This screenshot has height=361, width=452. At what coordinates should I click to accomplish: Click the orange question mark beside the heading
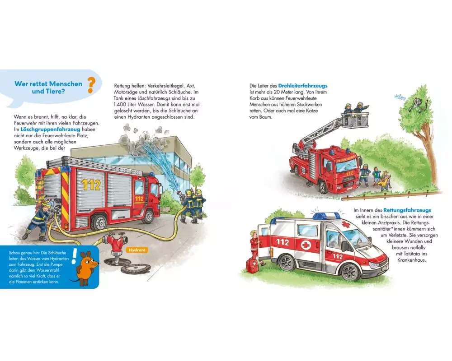point(91,85)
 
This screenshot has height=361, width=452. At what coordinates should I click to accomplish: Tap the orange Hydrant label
point(137,250)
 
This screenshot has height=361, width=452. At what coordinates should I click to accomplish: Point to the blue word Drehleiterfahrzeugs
point(303,86)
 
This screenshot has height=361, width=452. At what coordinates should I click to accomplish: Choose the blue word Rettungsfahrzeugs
point(407,210)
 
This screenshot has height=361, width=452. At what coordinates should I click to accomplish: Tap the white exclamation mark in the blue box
point(74,256)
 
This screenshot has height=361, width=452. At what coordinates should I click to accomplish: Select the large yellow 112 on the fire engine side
point(91,185)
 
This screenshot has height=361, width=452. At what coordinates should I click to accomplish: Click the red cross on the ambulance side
point(306,245)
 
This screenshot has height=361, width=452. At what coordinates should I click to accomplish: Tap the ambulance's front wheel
point(349,271)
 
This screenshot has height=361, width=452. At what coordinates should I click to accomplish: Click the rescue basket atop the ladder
point(355,119)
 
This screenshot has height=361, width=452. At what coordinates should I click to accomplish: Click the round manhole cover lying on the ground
point(136,269)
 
